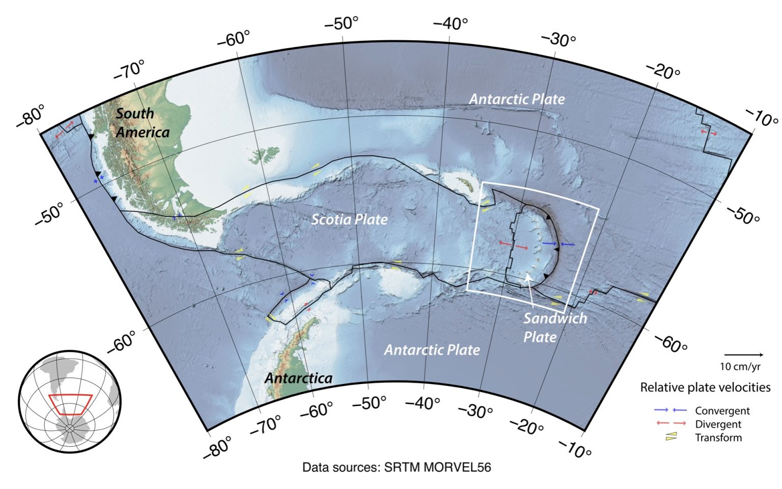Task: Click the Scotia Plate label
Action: pos(349,220)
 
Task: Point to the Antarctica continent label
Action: pos(298,378)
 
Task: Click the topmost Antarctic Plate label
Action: pos(516,99)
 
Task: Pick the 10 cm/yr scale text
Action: pos(740,366)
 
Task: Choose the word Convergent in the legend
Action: pos(722,411)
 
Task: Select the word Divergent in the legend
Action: pos(718,424)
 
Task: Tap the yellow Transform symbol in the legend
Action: pos(671,437)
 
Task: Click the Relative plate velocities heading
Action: pos(705,388)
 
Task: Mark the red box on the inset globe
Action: pos(70,404)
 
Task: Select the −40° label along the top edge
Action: pos(450,23)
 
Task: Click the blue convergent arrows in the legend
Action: pos(671,410)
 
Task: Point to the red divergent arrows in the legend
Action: pos(671,423)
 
